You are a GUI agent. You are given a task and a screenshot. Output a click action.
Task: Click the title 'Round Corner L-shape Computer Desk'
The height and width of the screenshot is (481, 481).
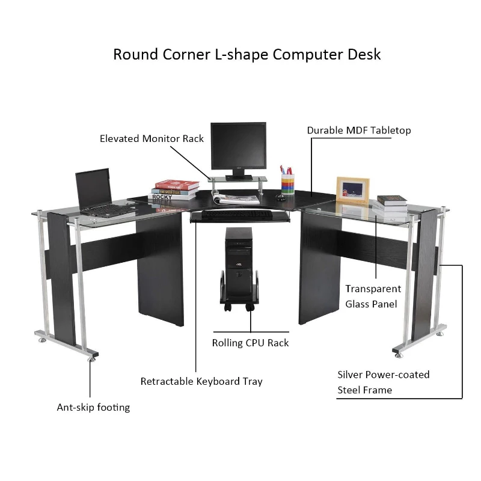point(247,54)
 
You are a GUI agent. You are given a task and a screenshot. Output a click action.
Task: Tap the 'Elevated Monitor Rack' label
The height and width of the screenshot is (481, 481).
point(152,139)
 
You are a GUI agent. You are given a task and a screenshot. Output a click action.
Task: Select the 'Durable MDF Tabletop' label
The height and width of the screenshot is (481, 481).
point(359,130)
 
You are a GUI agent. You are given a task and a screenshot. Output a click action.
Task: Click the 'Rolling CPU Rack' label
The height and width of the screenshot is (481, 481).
point(250,343)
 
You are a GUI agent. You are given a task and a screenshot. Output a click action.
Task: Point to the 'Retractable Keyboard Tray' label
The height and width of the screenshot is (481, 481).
point(201,381)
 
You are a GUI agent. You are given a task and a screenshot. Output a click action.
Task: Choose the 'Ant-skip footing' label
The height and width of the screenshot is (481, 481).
point(93,408)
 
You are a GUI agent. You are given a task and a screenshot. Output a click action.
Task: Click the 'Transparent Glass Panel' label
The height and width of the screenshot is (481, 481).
point(373,296)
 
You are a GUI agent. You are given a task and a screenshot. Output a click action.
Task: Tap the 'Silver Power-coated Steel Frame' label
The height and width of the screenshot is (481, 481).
point(383,382)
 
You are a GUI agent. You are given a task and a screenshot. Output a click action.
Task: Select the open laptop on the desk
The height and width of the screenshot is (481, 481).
point(96,192)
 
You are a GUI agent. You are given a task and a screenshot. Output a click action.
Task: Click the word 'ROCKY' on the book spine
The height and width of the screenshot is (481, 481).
point(162,197)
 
